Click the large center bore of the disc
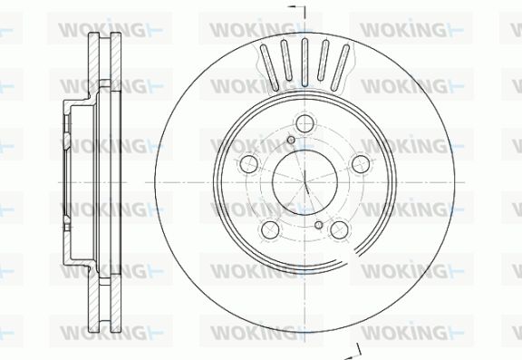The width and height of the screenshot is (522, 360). point(304,182)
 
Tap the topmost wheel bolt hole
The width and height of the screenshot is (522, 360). point(304,123)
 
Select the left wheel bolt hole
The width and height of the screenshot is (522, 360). point(249,163)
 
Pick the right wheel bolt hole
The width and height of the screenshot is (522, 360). point(361,163)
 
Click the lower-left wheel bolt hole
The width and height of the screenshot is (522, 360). point(270,229)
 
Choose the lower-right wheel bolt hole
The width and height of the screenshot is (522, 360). point(340,229)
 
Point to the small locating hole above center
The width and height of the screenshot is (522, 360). point(291,140)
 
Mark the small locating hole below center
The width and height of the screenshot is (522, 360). point(319,225)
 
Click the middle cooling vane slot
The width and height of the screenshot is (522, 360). point(304,63)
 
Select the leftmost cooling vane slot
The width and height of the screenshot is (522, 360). point(269,68)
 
